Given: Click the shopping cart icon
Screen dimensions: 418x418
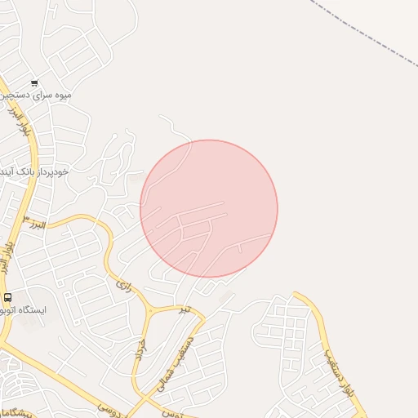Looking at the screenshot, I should tap(34, 82).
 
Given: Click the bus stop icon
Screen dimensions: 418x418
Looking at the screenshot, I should tap(8, 298).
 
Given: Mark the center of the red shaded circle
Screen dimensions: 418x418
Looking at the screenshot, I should tap(209, 209).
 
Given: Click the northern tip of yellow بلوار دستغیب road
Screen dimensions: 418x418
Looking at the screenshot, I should tap(296, 295).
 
